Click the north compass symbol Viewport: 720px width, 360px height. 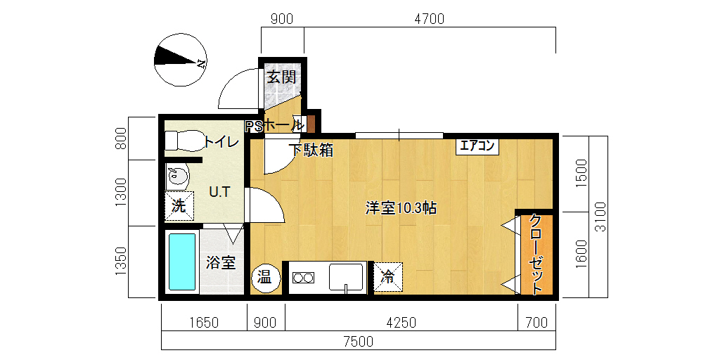tap(181, 60)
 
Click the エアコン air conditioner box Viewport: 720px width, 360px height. tap(477, 146)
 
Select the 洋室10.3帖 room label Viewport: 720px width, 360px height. tap(400, 208)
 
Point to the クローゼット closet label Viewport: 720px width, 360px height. tap(536, 254)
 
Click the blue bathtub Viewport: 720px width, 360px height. tap(182, 262)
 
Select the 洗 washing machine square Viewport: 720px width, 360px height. tap(179, 206)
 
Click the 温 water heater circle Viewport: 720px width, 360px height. tap(266, 278)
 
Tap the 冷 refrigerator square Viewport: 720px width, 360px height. tap(388, 277)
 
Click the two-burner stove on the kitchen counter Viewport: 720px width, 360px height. tap(304, 277)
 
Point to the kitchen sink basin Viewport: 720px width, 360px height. tap(346, 277)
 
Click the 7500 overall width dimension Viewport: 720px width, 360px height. tap(359, 342)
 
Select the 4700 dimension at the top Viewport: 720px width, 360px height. tap(430, 19)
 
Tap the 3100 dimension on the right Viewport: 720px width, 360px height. tap(600, 217)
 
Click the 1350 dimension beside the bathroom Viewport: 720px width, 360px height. tap(121, 262)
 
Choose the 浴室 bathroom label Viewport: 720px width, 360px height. tap(221, 263)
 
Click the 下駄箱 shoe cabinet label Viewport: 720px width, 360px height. tap(311, 150)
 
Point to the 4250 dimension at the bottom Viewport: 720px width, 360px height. tap(401, 323)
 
